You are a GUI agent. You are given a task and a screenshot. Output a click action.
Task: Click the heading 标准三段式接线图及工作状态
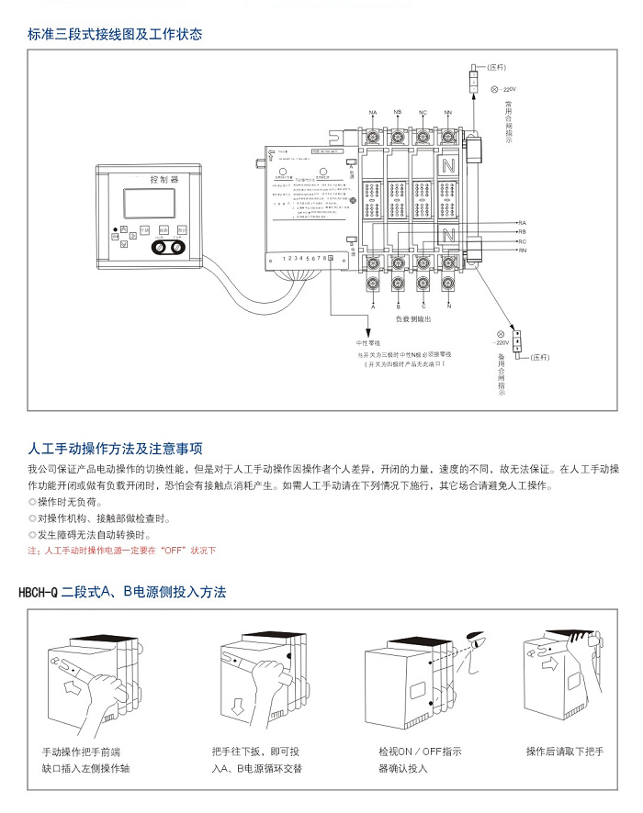pos(115,35)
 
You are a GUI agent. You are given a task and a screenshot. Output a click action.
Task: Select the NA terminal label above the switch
pos(373,112)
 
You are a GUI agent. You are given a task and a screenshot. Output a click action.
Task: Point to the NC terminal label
pos(423,112)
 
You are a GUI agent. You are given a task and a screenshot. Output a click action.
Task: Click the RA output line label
pos(522,223)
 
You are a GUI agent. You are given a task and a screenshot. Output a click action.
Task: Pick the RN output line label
pos(522,250)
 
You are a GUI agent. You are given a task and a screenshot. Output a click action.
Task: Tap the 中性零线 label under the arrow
pos(368,341)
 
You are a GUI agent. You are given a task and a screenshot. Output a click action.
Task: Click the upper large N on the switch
pos(449,167)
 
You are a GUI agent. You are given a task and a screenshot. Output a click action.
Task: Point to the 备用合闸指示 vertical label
pos(501,373)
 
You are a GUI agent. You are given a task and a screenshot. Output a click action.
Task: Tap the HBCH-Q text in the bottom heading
pos(38,593)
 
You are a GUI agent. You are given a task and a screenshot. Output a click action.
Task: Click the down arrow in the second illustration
pos(237,706)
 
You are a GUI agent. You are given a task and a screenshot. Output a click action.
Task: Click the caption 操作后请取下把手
pos(564,752)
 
